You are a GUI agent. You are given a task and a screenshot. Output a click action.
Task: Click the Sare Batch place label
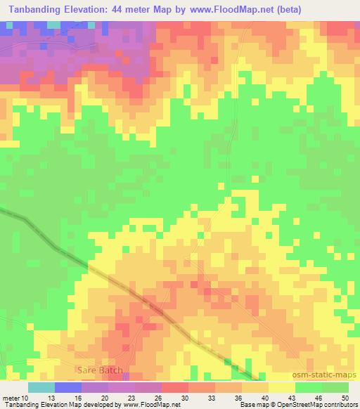pyautogui.click(x=100, y=370)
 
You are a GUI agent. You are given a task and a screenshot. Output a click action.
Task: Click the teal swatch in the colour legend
pyautogui.click(x=41, y=387)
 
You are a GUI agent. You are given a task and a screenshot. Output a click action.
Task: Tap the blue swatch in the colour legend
pyautogui.click(x=68, y=387)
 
